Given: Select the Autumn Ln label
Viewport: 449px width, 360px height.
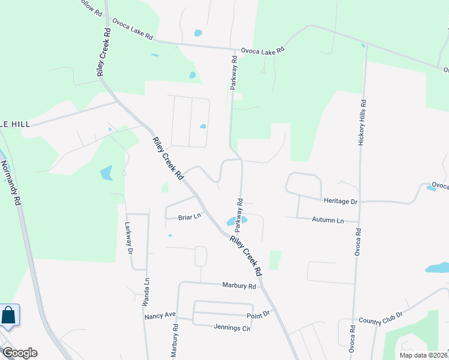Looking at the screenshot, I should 328,220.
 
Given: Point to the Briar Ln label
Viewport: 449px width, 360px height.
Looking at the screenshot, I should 188,217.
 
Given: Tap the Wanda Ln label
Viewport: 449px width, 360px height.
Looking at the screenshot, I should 145,292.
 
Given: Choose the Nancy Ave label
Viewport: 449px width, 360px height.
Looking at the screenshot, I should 159,314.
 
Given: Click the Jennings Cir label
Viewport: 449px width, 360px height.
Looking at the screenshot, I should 232,328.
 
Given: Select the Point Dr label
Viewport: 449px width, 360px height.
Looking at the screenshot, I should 259,314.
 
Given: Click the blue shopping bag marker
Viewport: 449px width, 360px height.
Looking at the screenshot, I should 9,315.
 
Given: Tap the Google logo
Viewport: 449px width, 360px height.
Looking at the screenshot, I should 20,353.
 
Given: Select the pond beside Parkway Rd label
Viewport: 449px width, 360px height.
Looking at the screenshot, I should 232,221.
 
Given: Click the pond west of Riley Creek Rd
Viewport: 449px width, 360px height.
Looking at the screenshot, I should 106,173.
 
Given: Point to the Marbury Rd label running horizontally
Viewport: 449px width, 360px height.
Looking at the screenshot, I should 239,286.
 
